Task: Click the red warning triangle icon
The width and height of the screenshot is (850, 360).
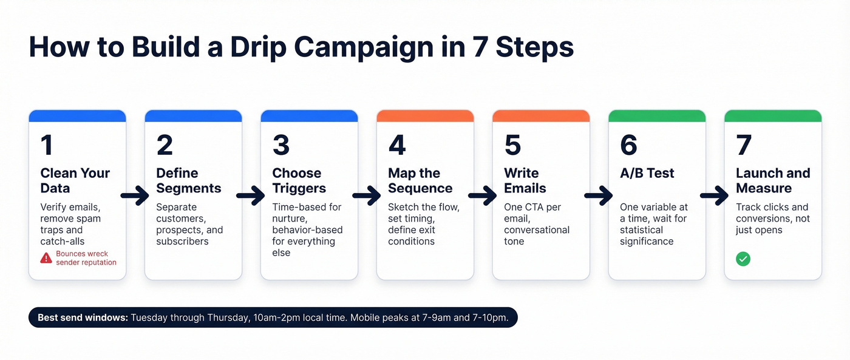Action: [x=46, y=258]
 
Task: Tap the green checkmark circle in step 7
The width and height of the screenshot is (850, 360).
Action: [x=743, y=259]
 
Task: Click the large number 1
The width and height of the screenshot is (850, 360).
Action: [x=47, y=145]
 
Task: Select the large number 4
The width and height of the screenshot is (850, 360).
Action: [x=397, y=145]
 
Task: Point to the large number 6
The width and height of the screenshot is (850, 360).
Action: [x=628, y=145]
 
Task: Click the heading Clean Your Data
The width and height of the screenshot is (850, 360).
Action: [x=75, y=180]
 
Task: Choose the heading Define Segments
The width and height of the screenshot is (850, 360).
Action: [x=188, y=180]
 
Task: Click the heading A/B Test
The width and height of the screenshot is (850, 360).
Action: [x=647, y=173]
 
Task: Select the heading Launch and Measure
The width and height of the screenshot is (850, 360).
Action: [x=773, y=180]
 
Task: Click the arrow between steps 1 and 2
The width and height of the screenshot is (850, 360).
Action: [x=135, y=195]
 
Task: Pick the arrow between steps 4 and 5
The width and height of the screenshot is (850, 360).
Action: [x=483, y=195]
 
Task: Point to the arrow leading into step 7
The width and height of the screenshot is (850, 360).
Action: [x=715, y=195]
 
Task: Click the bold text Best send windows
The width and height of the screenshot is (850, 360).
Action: [x=83, y=317]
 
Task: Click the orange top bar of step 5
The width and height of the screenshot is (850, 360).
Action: [x=540, y=115]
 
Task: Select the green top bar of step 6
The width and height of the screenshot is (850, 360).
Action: [x=656, y=115]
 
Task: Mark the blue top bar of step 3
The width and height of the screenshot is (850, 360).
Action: [x=309, y=115]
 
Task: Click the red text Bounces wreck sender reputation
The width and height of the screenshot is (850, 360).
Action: [x=86, y=258]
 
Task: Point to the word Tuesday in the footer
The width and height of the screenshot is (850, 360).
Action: [x=149, y=317]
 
